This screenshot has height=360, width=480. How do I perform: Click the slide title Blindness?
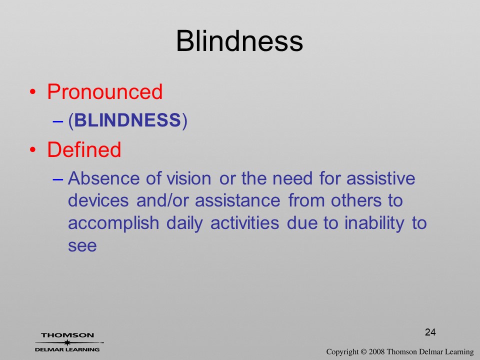pyautogui.click(x=239, y=41)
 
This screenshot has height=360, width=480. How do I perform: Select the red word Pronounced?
pyautogui.click(x=104, y=91)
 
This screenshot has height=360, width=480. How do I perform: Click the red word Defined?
pyautogui.click(x=84, y=149)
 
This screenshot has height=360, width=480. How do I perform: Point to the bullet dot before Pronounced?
pyautogui.click(x=33, y=92)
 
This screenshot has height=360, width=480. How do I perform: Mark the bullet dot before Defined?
pyautogui.click(x=33, y=149)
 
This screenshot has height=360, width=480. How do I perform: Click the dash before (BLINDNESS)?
pyautogui.click(x=57, y=121)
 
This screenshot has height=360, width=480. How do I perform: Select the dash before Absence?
pyautogui.click(x=57, y=179)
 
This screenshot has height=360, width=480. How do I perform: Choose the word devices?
pyautogui.click(x=98, y=200)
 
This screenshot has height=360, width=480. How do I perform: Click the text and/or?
pyautogui.click(x=162, y=200)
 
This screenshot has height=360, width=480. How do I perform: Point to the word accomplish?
pyautogui.click(x=113, y=223)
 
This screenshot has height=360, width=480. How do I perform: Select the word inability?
pyautogui.click(x=374, y=223)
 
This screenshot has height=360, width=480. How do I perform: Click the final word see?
pyautogui.click(x=82, y=246)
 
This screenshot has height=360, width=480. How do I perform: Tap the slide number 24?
pyautogui.click(x=430, y=332)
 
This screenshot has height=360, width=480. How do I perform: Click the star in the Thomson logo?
pyautogui.click(x=67, y=342)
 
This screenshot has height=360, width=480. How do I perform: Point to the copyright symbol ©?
pyautogui.click(x=363, y=352)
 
